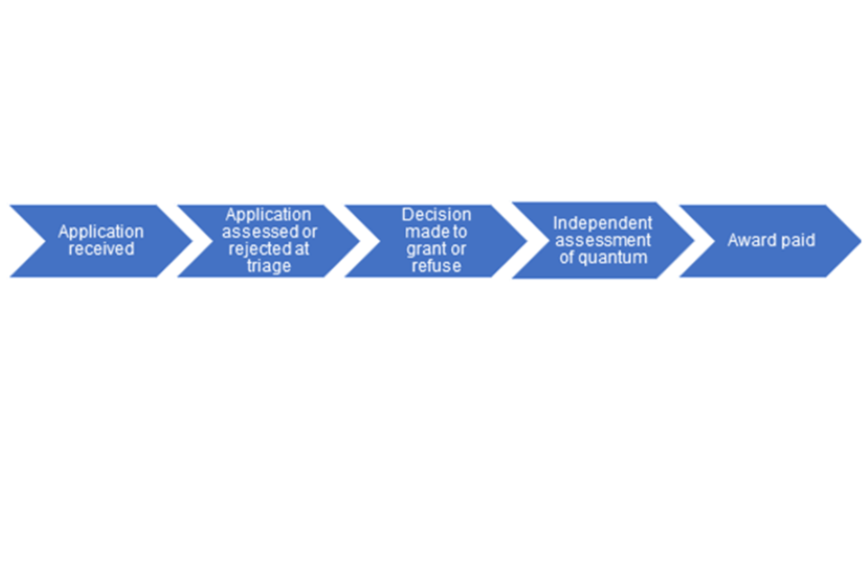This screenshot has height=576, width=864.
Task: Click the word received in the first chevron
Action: [102, 248]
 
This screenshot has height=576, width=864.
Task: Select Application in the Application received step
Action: [101, 231]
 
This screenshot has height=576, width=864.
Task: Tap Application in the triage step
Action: [268, 214]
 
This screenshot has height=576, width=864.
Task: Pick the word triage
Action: [269, 265]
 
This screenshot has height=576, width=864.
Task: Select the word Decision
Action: [436, 214]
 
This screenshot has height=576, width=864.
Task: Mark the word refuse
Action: [436, 265]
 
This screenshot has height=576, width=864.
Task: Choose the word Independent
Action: [603, 223]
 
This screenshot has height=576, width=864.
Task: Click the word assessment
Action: [603, 240]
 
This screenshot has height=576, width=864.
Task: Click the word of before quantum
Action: [567, 257]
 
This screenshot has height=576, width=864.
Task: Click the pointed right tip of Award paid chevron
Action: [860, 241]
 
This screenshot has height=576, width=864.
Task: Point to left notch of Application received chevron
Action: [45, 241]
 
